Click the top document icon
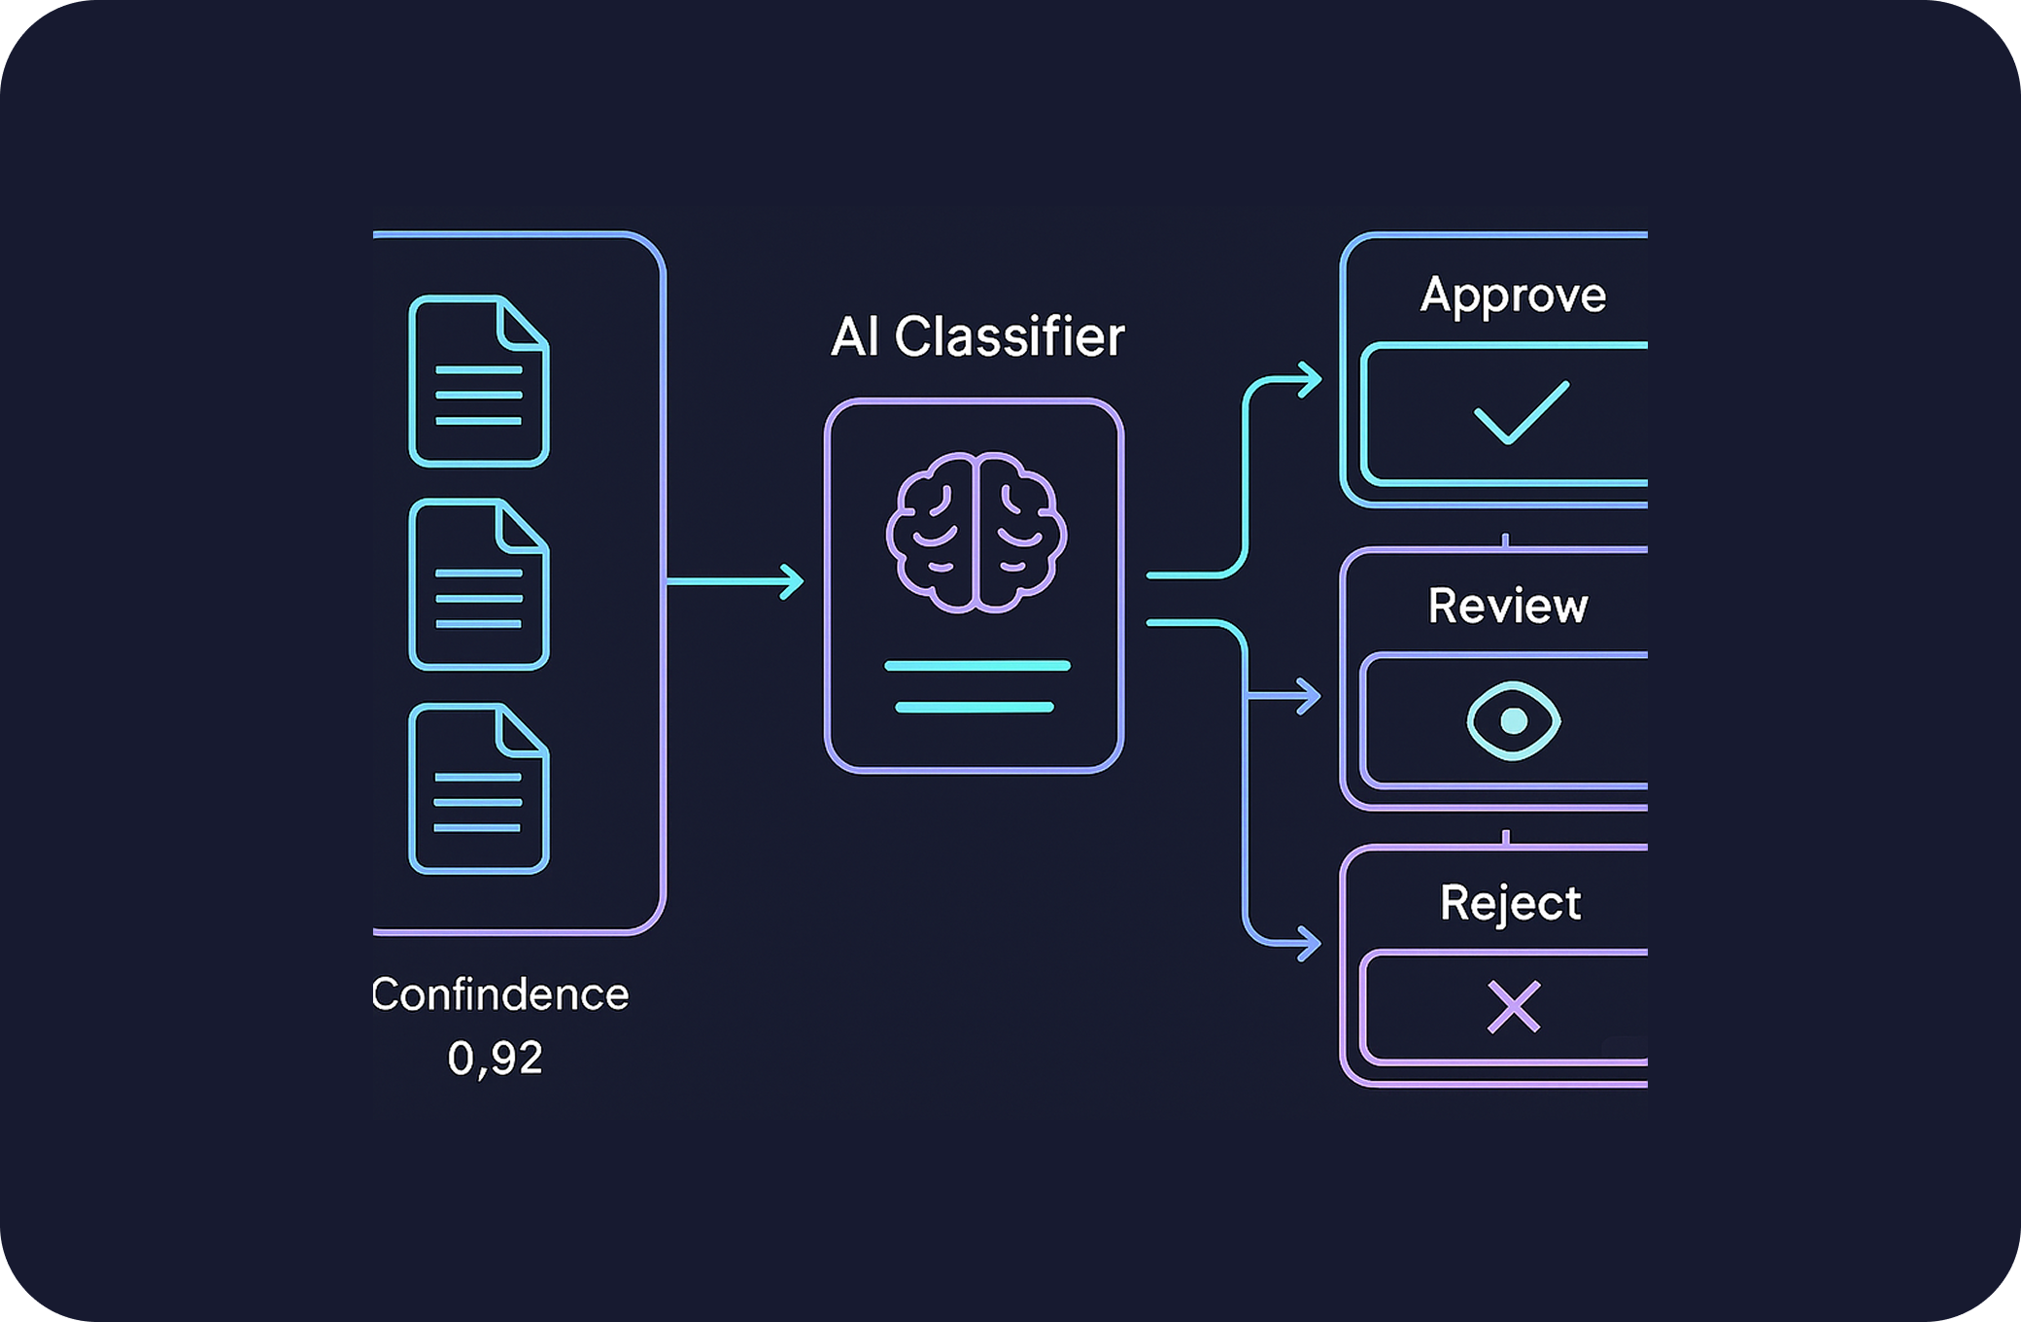[479, 381]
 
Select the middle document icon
[479, 584]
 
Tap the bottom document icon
[479, 788]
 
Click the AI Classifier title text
[977, 337]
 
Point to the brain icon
[976, 532]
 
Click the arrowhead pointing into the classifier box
[794, 581]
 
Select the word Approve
[1513, 295]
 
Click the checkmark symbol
[1521, 413]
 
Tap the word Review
[1508, 606]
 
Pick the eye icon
[1513, 720]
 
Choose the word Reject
[1510, 902]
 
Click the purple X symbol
[1514, 1006]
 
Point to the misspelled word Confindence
[500, 994]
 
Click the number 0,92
[495, 1058]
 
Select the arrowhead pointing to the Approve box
[1312, 379]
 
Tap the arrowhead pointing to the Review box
[1311, 696]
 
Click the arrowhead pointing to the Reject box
[1311, 943]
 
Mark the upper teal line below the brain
[976, 666]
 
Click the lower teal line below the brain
[975, 708]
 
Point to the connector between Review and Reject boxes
[1506, 837]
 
